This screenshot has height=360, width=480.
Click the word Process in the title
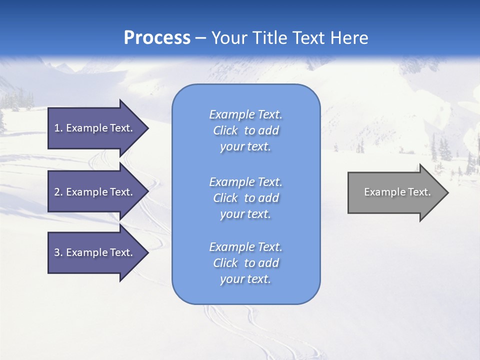coord(157,38)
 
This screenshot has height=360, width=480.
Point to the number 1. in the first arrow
coord(58,128)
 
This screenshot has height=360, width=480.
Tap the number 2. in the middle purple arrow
coord(58,192)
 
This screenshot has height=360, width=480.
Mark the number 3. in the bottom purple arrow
coord(58,252)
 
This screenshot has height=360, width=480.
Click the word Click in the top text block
coord(225,131)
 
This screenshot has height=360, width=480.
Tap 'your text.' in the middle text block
coord(245,214)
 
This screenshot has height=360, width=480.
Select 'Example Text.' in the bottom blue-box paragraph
coord(245,247)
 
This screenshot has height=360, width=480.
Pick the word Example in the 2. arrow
coord(87,192)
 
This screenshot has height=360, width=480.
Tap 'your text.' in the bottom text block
coord(245,279)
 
